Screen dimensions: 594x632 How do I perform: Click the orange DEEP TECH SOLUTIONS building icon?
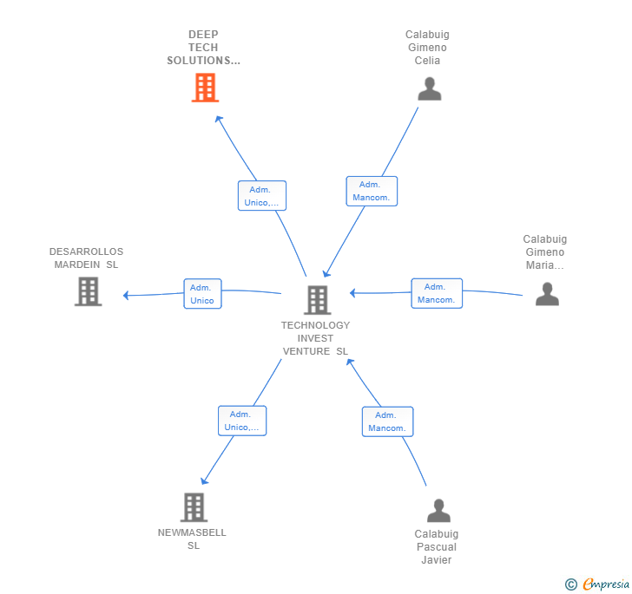point(205,88)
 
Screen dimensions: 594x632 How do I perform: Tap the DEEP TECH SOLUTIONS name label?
point(203,48)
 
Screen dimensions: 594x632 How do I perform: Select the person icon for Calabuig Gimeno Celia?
point(429,88)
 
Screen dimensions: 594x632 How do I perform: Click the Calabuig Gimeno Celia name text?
point(427,48)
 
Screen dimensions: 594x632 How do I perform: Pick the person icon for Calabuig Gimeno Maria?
point(547,294)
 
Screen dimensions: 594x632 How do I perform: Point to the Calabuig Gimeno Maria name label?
point(545,252)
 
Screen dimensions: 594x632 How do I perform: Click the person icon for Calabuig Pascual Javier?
point(438,511)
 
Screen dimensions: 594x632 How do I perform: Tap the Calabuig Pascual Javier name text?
point(436,547)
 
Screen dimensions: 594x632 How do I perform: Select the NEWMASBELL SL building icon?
point(194,507)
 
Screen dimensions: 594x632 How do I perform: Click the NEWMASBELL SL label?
point(192,539)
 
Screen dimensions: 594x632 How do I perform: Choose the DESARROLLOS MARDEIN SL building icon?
point(88,291)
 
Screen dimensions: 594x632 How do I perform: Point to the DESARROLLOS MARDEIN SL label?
point(86,258)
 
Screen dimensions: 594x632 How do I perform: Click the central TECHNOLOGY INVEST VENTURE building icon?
point(317,300)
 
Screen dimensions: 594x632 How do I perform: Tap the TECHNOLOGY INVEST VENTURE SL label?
point(315,338)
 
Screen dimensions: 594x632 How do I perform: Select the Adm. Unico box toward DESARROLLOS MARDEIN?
point(202,294)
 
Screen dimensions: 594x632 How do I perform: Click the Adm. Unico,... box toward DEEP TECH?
point(261,196)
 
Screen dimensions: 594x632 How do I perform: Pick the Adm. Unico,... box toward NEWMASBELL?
point(241,421)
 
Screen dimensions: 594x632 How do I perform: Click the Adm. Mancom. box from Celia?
point(372,191)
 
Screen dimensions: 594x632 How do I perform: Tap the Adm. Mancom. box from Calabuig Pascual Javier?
point(387,421)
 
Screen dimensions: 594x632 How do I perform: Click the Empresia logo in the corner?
point(598,584)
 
